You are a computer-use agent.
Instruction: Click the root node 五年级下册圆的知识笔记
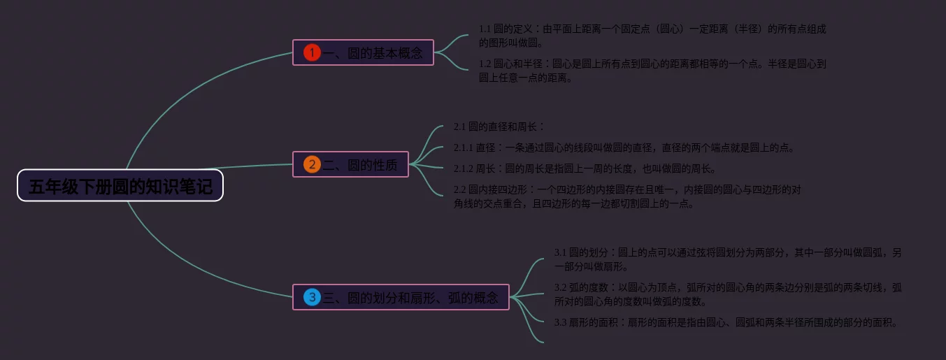click(x=120, y=186)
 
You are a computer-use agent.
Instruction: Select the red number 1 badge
click(x=312, y=52)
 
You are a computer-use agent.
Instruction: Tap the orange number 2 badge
click(x=312, y=164)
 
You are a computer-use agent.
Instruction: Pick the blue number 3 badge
click(x=312, y=297)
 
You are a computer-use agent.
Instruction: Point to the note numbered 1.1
click(x=652, y=36)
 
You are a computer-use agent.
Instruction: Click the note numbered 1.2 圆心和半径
click(x=652, y=71)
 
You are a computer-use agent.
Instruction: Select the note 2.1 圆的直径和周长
click(x=499, y=127)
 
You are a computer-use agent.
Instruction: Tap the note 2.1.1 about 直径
click(x=624, y=147)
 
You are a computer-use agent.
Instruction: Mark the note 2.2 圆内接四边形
click(x=627, y=196)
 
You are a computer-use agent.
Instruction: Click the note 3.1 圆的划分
click(x=727, y=259)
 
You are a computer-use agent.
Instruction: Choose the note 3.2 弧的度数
click(x=727, y=294)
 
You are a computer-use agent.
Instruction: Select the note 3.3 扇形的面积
click(x=725, y=322)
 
